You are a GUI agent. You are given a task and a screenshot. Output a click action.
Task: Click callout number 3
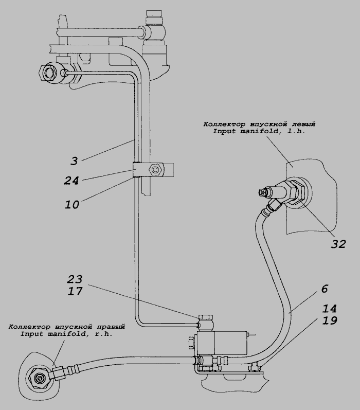[x=74, y=161]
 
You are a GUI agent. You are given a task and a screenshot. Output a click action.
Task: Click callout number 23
[x=75, y=279]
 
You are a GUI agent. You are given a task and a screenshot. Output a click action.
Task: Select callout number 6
[x=324, y=289]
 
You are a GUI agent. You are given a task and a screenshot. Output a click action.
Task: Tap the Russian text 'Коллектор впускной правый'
[x=67, y=326]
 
